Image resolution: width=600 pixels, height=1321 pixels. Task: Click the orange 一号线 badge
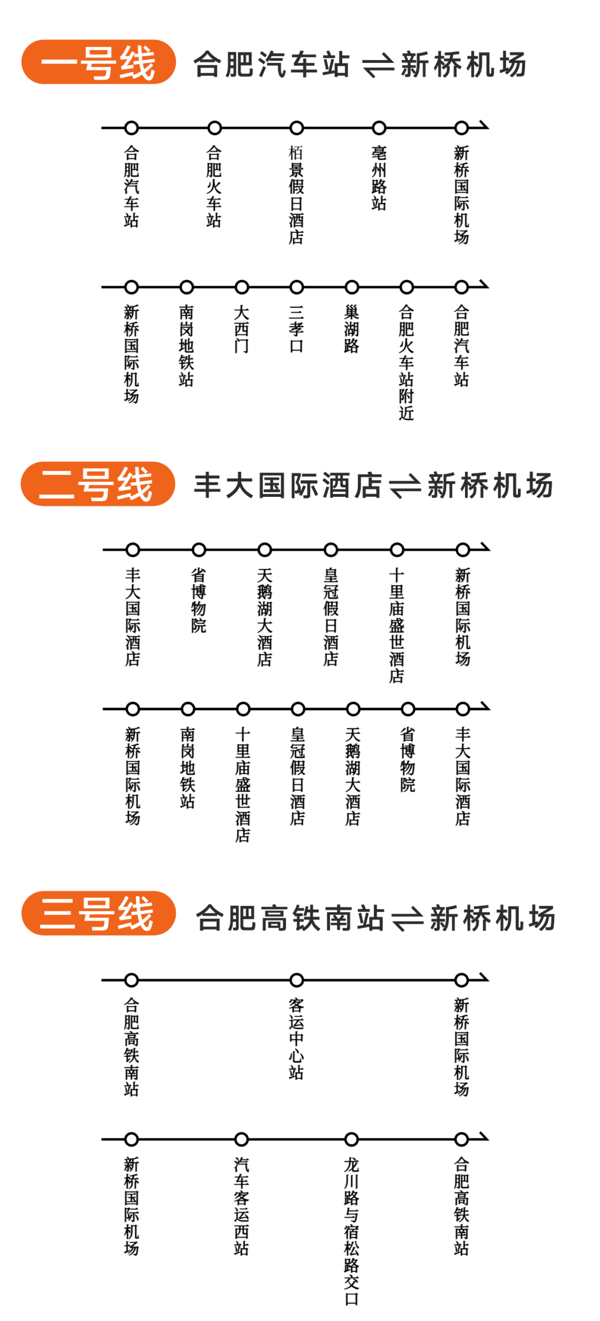coord(99,62)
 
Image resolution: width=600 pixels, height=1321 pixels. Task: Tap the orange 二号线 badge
coord(98,483)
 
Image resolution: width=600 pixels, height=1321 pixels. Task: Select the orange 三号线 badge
coord(99,913)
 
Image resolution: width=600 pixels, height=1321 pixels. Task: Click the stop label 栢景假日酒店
coord(297,195)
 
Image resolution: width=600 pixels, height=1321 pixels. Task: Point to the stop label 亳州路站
coord(379,178)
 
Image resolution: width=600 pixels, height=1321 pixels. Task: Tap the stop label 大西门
coord(242,328)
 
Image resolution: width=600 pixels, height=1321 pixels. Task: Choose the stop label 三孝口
coord(297,328)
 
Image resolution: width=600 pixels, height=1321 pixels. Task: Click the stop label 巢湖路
coord(352,328)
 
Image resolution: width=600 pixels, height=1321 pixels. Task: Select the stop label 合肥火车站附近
coord(407,362)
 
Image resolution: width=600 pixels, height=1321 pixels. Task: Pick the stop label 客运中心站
coord(297,1038)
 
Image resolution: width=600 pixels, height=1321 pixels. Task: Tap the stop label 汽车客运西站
coord(242,1206)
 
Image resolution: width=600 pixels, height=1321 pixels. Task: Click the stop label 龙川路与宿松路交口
coord(352,1231)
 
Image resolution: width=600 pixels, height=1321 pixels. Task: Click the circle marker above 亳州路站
coord(379,128)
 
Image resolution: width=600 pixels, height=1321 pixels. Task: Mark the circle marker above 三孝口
coord(297,287)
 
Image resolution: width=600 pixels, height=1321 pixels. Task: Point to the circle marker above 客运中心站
coord(297,980)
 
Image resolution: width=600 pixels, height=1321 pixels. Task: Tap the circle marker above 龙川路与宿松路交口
coord(352,1139)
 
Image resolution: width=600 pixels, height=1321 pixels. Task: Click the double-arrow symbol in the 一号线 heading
coord(378,66)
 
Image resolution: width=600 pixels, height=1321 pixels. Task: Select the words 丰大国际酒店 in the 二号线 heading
coord(288,485)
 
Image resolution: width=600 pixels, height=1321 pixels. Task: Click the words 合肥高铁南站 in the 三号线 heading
coord(290,918)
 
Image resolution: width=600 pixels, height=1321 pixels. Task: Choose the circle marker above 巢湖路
coord(352,287)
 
